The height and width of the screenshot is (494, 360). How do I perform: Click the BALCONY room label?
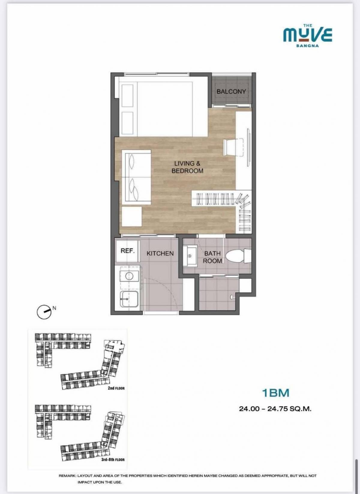click(231, 91)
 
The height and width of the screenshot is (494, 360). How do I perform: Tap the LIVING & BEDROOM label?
click(187, 167)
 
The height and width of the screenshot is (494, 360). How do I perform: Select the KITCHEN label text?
click(160, 253)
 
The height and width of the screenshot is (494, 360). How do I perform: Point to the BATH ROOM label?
click(212, 257)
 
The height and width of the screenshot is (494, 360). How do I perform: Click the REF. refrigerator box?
click(127, 251)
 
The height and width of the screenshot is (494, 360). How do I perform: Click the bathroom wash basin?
click(190, 256)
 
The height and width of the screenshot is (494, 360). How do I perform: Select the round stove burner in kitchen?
click(129, 276)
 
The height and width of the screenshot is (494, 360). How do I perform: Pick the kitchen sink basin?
click(129, 299)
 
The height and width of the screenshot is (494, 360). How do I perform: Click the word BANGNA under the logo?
click(307, 46)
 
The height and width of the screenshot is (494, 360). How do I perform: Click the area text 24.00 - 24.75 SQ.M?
click(275, 409)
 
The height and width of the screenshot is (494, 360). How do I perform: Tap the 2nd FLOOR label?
click(116, 388)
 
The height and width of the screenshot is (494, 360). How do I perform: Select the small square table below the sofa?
click(132, 216)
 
